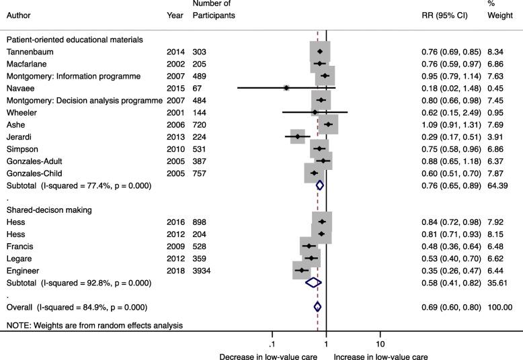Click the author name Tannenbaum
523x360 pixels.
30,52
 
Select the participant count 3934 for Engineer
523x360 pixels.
203,270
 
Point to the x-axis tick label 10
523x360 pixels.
380,335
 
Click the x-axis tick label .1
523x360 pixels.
272,335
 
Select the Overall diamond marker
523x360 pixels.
318,307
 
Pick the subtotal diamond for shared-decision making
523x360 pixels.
313,283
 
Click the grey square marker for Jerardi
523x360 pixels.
297,137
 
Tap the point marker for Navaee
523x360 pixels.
286,88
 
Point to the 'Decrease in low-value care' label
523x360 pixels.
268,357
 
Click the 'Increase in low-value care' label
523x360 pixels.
380,357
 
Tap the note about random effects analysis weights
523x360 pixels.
95,326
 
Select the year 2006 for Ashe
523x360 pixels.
175,125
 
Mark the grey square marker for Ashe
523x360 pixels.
328,125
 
